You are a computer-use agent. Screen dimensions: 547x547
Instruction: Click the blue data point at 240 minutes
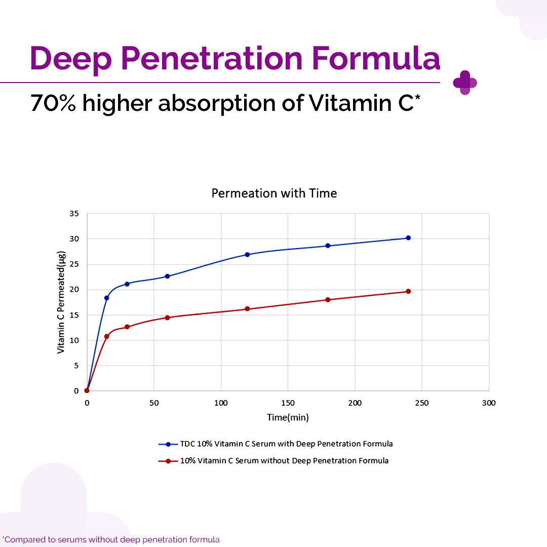click(408, 238)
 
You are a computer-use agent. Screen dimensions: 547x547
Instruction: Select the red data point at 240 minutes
click(408, 291)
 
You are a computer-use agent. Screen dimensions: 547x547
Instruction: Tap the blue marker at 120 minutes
click(247, 254)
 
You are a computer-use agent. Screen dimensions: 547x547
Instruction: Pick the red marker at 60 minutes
click(167, 318)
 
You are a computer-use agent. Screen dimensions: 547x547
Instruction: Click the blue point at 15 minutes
click(106, 298)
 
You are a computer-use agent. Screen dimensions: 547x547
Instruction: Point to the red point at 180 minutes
click(328, 299)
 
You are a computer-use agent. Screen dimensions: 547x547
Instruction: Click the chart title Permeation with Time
click(273, 193)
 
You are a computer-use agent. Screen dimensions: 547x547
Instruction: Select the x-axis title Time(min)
click(288, 417)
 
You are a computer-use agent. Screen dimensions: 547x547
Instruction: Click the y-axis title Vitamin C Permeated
click(61, 302)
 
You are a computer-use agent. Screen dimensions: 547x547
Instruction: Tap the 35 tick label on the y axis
click(74, 214)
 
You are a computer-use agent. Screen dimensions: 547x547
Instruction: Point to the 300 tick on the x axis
click(488, 403)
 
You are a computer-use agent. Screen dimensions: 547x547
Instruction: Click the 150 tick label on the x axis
click(288, 403)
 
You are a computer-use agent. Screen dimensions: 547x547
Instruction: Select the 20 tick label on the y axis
click(74, 290)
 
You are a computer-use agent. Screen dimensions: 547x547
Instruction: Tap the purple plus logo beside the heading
click(465, 83)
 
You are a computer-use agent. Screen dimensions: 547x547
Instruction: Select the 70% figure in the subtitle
click(53, 103)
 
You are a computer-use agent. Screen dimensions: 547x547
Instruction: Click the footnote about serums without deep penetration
click(111, 539)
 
